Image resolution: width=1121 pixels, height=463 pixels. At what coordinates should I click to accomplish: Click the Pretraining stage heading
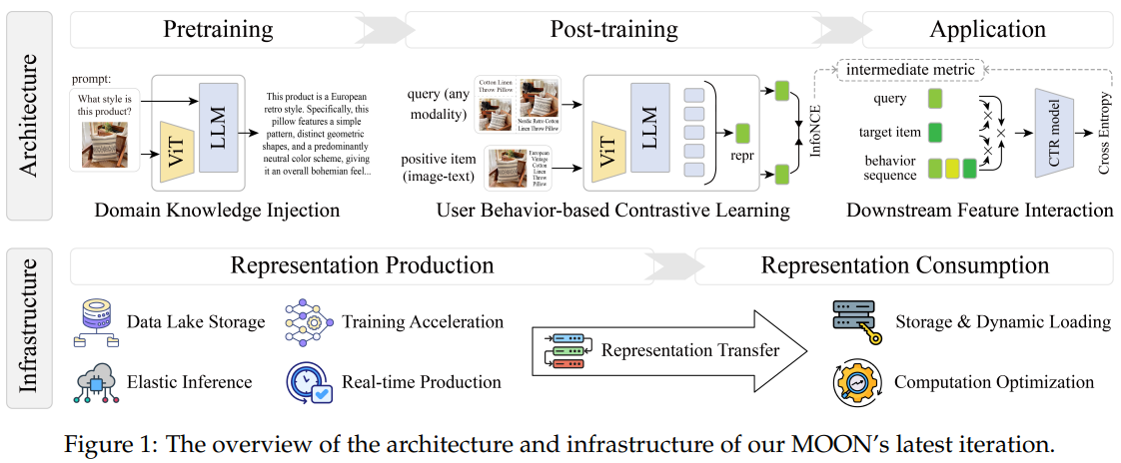[218, 30]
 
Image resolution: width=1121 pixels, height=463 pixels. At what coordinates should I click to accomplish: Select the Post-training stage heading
[613, 30]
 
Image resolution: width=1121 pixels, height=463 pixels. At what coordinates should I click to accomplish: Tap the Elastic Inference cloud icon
[95, 382]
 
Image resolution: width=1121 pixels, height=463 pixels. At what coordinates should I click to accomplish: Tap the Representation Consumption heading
[905, 265]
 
